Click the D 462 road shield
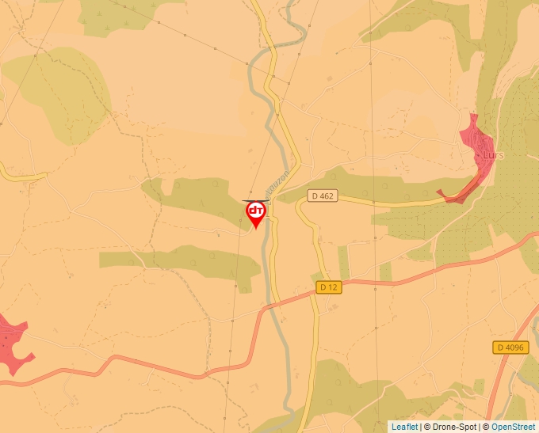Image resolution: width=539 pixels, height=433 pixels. click(x=323, y=196)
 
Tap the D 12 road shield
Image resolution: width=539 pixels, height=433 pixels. click(x=328, y=287)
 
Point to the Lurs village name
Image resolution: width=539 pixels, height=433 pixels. click(x=492, y=156)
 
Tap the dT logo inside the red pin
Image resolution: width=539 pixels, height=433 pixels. click(x=256, y=211)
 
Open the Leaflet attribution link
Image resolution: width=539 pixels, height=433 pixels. click(x=404, y=427)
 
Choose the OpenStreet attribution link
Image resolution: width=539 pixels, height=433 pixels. click(x=513, y=427)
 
